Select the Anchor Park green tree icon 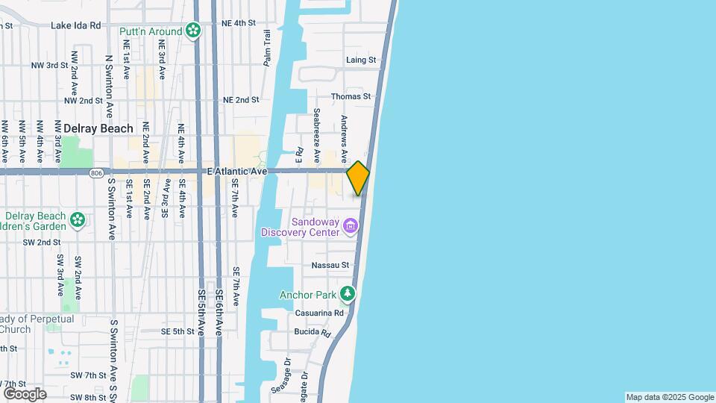[347, 295]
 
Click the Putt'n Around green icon [194, 31]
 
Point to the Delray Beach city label [98, 128]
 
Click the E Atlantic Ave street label [237, 171]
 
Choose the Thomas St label [351, 96]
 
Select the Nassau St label [330, 265]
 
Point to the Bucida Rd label [312, 331]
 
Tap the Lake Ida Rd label [75, 25]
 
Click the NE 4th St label [239, 23]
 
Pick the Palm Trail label [266, 48]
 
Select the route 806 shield [95, 172]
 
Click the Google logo [25, 393]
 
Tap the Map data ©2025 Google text [670, 397]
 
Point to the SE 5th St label [178, 331]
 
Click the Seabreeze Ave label [317, 128]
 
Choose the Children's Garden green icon [77, 219]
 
